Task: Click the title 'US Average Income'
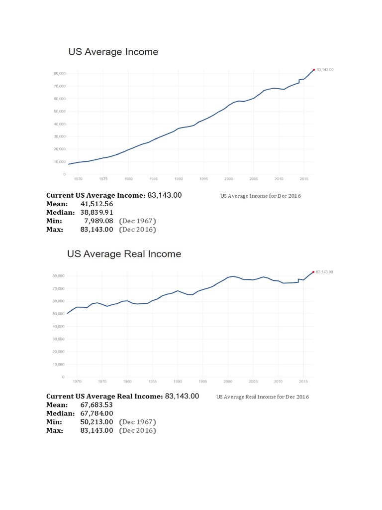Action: [113, 52]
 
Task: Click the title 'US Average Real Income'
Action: [124, 254]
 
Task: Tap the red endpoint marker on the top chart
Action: [314, 70]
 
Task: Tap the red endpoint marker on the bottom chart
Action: [313, 272]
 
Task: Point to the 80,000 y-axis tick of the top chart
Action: [58, 73]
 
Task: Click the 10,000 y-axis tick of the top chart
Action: [58, 162]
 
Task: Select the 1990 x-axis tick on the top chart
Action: [179, 178]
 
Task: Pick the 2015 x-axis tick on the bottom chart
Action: [303, 381]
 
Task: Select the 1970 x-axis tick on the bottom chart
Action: [78, 381]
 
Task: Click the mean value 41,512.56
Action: [96, 204]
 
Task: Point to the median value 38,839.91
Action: [96, 213]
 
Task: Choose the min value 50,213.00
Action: [96, 422]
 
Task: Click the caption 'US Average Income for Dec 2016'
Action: [260, 196]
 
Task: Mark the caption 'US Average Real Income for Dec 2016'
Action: [263, 397]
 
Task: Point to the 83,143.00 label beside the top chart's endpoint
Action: [325, 70]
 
